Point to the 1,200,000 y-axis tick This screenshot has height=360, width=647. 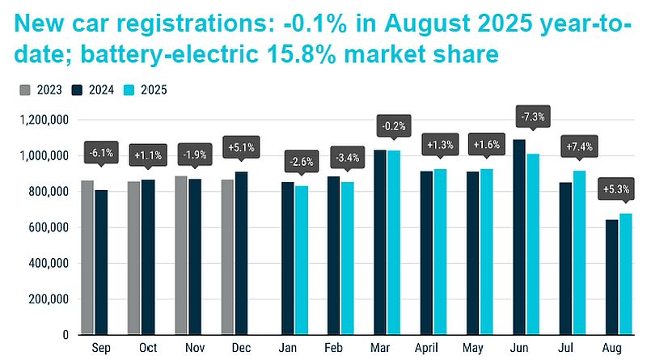point(45,120)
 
